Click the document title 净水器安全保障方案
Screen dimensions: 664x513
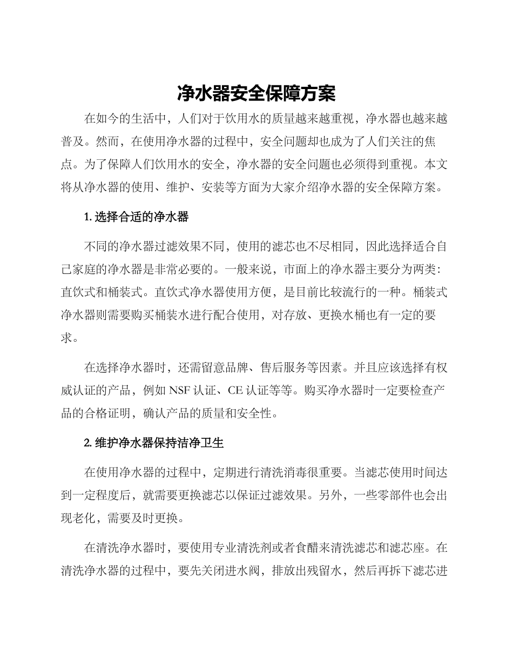pos(256,94)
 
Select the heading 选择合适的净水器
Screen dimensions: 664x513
pos(141,217)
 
